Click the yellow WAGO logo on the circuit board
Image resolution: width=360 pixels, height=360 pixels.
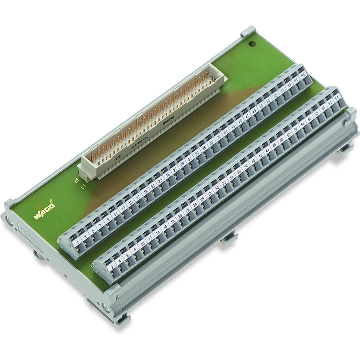tap(44, 211)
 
